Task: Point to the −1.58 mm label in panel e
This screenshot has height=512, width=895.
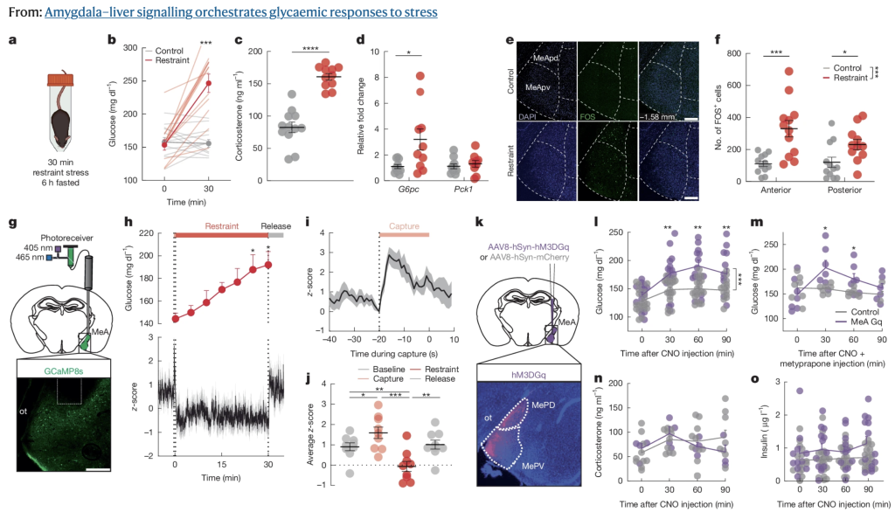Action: point(661,115)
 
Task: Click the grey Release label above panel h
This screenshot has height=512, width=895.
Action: point(280,225)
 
